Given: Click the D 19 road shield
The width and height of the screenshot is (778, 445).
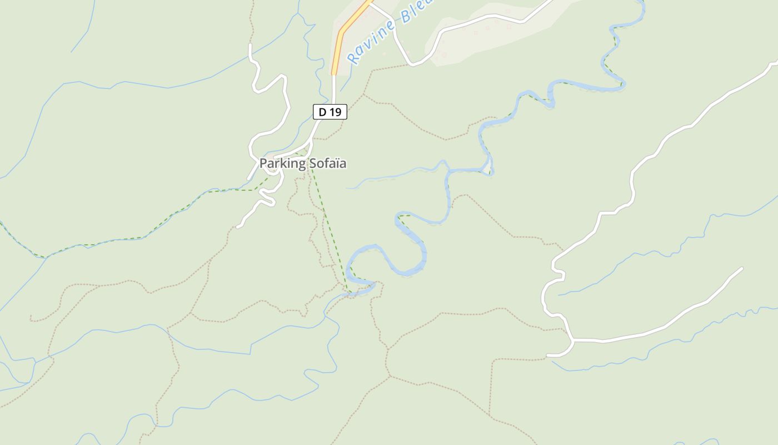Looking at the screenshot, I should tap(330, 112).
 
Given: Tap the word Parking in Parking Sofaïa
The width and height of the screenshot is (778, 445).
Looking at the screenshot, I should tap(282, 164).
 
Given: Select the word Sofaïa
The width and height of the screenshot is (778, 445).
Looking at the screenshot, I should tap(327, 164).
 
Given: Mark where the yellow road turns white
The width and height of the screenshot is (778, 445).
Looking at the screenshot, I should tap(334, 74).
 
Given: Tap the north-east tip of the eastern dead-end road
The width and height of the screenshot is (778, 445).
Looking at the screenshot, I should tap(741, 268).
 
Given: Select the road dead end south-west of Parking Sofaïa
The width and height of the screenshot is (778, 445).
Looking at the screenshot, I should tap(238, 226).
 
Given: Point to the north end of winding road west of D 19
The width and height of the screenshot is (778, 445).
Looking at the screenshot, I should tap(250, 44).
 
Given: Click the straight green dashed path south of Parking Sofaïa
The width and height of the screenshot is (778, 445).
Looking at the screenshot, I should tap(328, 222).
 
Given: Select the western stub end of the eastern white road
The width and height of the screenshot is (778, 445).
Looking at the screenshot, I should tap(548, 355).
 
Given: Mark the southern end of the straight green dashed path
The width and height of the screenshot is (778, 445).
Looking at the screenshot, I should tap(347, 290).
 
